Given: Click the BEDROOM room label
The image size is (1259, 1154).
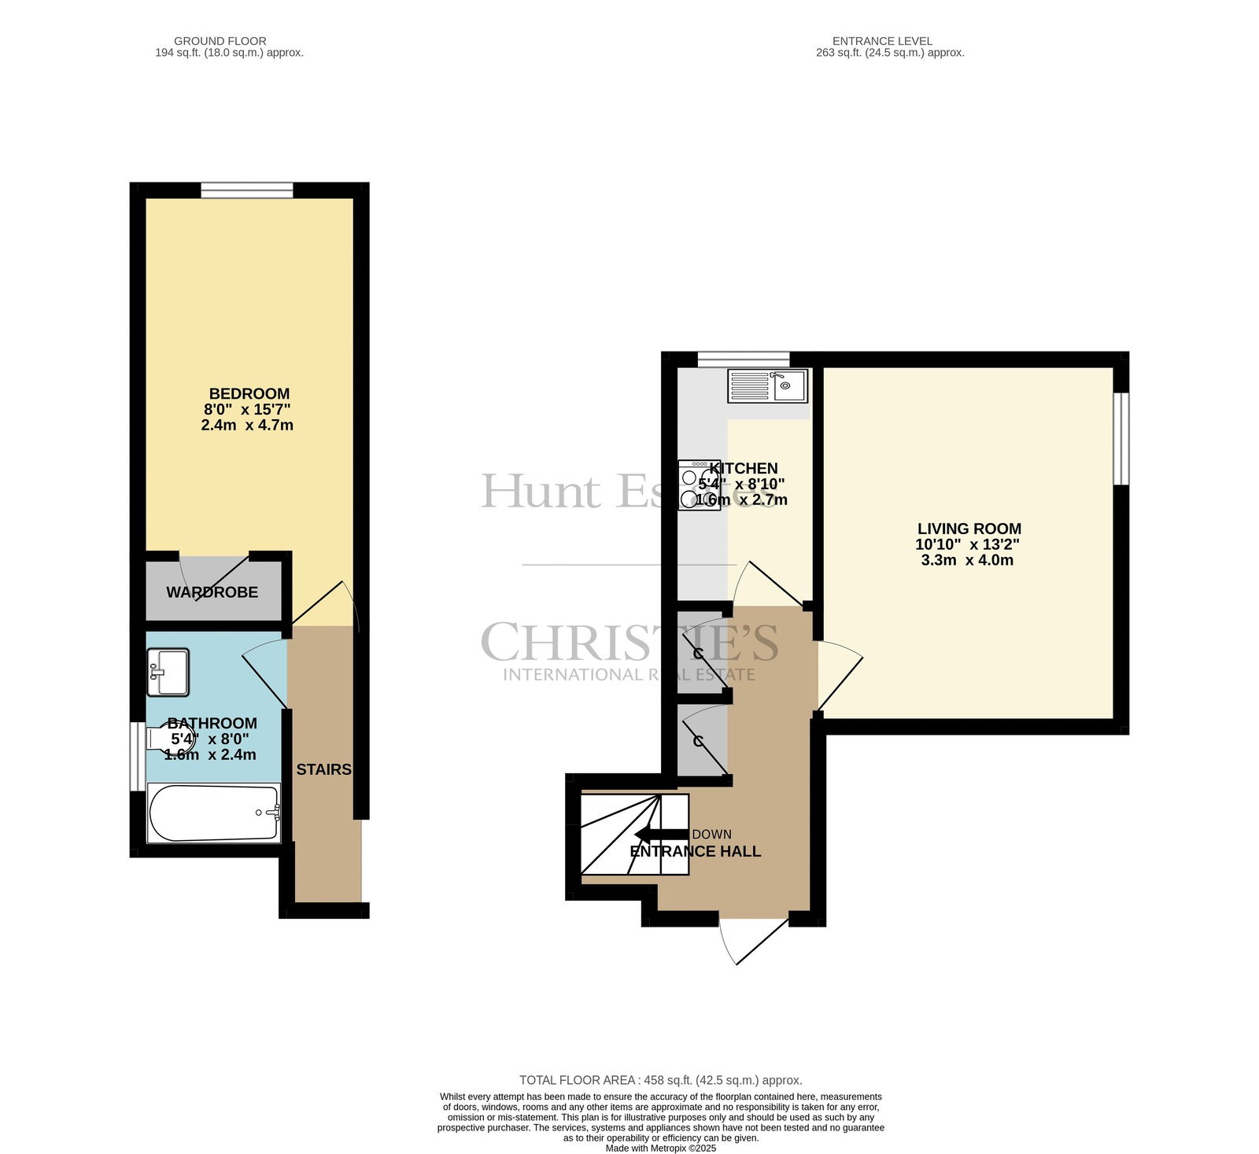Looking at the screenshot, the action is point(249,393).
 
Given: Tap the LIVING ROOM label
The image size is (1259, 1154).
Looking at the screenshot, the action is point(969,529).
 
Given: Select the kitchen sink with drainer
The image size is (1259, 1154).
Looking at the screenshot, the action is point(767,385).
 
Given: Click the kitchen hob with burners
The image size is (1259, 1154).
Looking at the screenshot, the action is point(700,485).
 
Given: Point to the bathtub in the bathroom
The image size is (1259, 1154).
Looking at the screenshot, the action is point(214,813).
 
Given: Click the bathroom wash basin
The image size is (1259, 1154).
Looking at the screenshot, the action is point(168,672).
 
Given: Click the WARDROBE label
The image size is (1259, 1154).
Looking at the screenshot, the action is point(212,592).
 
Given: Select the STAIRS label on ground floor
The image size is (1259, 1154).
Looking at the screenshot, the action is point(323,769).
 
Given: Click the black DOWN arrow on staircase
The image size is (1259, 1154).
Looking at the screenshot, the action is point(660,835).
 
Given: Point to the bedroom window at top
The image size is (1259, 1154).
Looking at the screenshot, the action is point(247,190).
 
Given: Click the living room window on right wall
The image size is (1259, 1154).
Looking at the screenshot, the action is point(1121,438).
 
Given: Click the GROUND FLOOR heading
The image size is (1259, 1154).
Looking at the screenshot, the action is point(220,41).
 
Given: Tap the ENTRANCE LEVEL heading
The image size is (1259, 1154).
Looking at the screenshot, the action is point(882,41).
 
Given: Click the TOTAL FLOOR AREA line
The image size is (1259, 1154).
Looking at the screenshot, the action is point(661,1080).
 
